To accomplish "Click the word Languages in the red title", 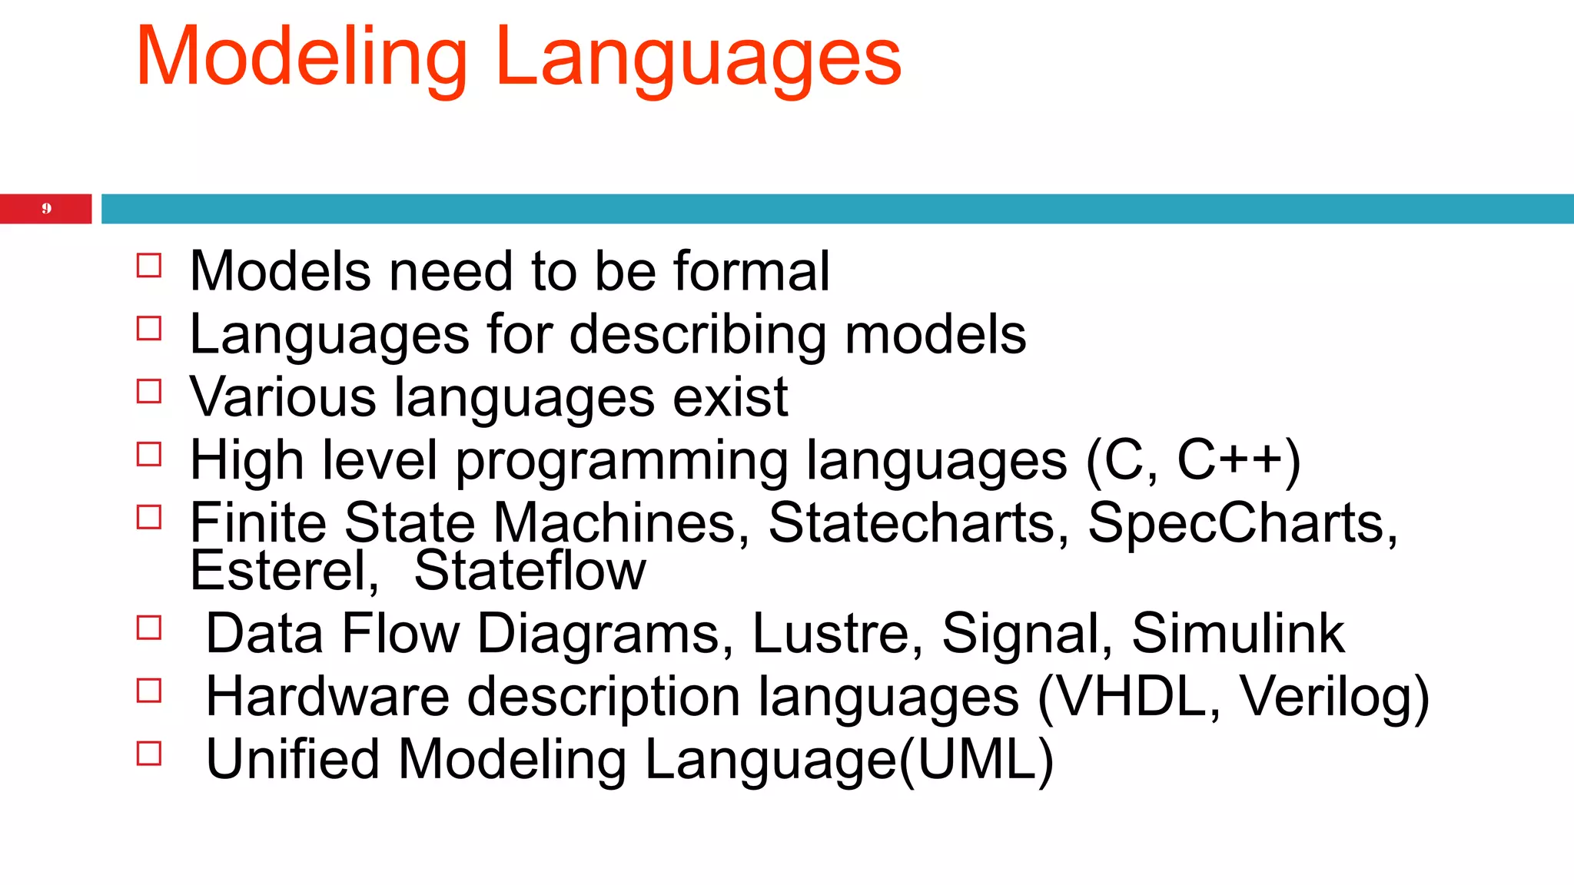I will (x=698, y=58).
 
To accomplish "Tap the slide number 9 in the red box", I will (x=46, y=208).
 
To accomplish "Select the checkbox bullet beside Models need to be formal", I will (x=149, y=266).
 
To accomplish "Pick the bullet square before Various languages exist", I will (x=149, y=392).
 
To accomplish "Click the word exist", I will (x=730, y=397).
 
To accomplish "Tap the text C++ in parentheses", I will (x=1230, y=460).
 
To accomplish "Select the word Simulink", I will (x=1237, y=634).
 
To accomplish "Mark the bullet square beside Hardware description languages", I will (x=149, y=691).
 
